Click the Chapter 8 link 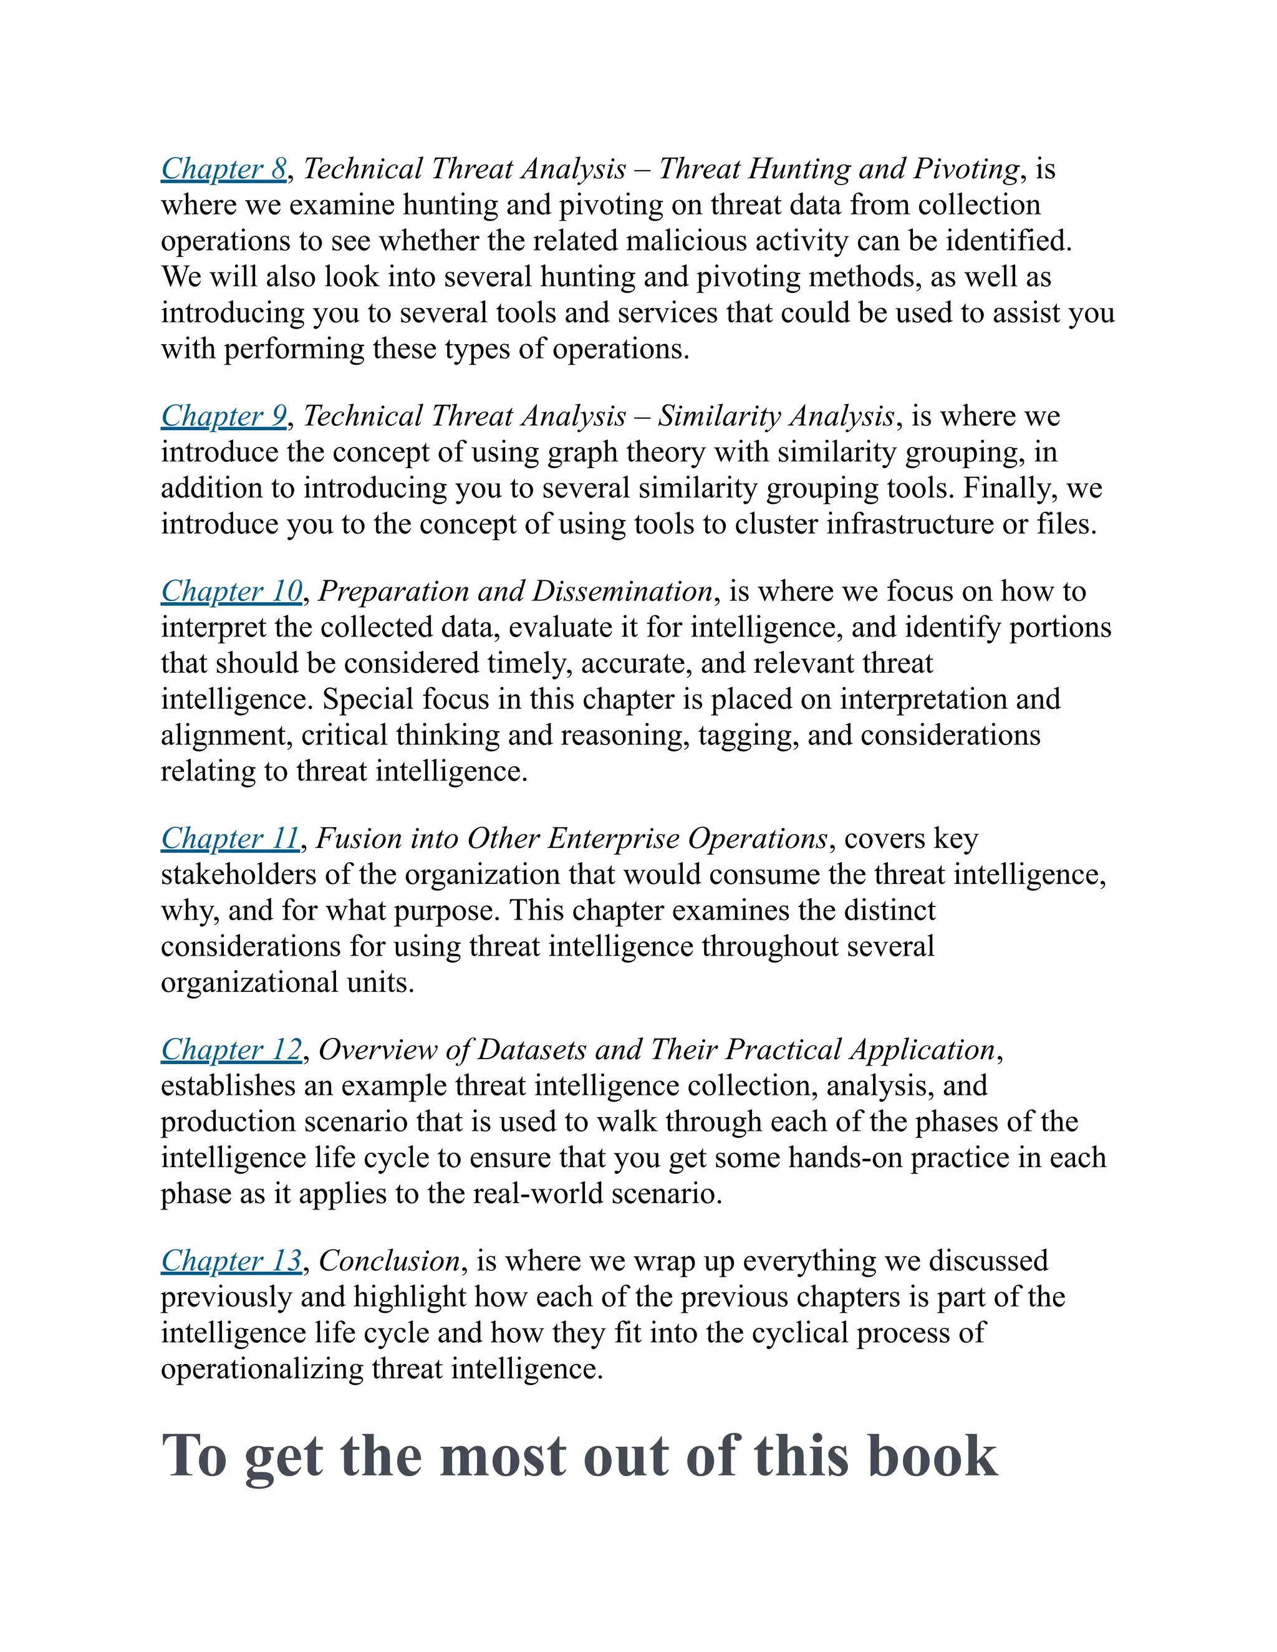(x=224, y=169)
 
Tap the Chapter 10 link (x=231, y=592)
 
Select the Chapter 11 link (x=230, y=839)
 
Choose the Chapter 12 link (x=231, y=1050)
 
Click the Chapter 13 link (x=231, y=1261)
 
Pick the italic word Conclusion (x=390, y=1261)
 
